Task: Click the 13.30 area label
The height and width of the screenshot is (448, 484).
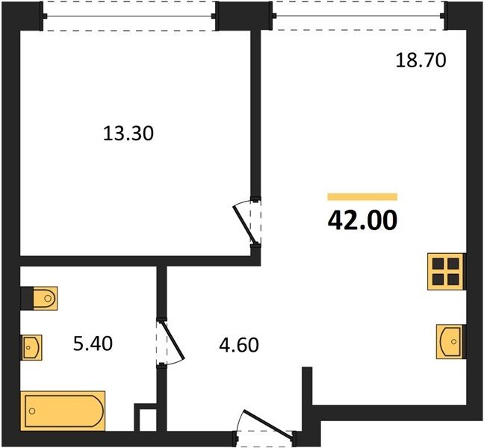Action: coord(128,134)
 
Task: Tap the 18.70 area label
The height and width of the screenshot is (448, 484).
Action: coord(421,60)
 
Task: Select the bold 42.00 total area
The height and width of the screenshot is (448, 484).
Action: coord(362,220)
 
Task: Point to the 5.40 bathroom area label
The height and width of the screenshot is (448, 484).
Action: coord(93,343)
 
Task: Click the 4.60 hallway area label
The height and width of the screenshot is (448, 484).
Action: coord(239,345)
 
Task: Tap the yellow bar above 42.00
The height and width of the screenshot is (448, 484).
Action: coord(362,197)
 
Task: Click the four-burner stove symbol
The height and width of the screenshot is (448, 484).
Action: coord(446,272)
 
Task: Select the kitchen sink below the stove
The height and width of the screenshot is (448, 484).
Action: coord(450,341)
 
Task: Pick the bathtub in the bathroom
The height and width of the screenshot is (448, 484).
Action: coord(63,411)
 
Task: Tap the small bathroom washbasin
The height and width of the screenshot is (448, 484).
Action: coord(31,347)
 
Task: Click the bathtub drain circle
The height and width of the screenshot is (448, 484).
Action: coord(32,411)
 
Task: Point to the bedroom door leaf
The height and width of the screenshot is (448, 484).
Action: coord(245,225)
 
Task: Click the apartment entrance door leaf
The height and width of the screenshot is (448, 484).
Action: coord(268,423)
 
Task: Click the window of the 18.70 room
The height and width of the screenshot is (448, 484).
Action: coord(359,16)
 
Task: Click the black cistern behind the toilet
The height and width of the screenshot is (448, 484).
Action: coord(27,299)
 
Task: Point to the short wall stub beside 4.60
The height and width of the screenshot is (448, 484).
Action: coord(307,386)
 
